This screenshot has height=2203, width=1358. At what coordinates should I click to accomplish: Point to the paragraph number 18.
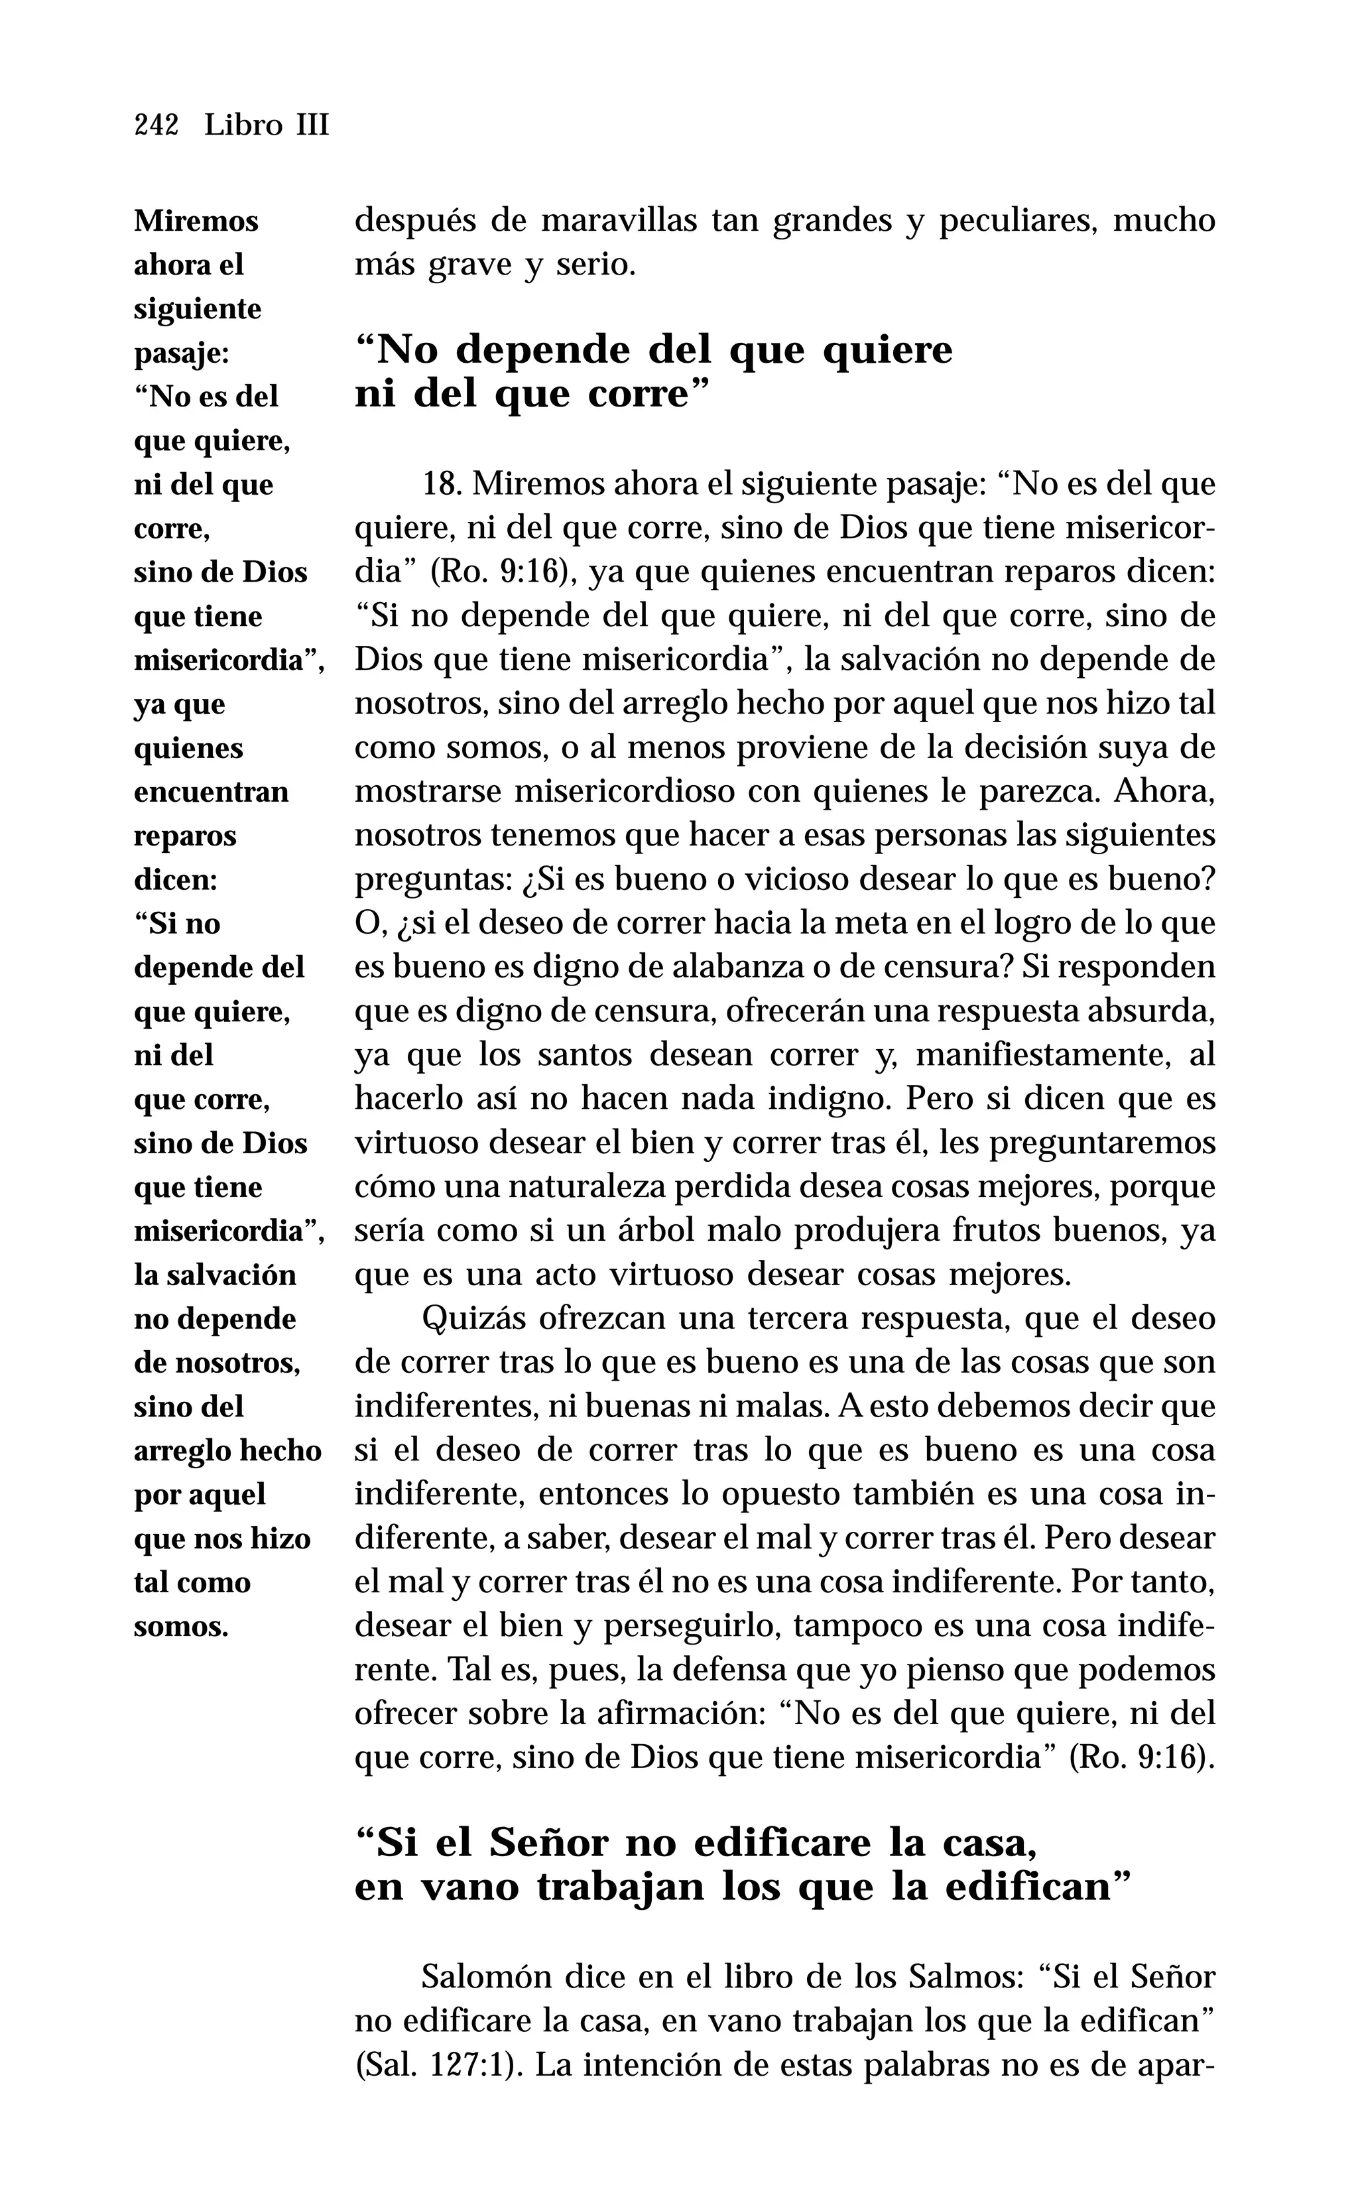coord(441,485)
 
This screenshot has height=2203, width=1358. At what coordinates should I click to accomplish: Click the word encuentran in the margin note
coord(211,792)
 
